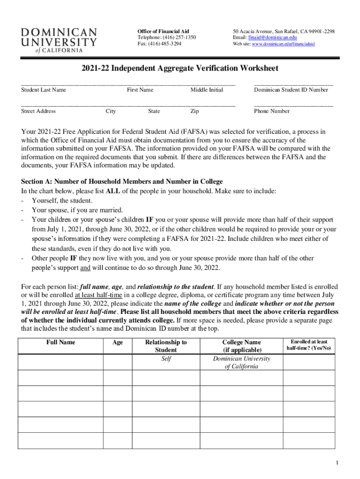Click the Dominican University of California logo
(59, 40)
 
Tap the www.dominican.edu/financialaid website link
(283, 44)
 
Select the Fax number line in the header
(159, 44)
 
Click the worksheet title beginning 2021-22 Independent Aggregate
(180, 68)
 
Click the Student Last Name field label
(44, 90)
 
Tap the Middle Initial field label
(207, 90)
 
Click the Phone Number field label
(272, 111)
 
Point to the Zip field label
(194, 111)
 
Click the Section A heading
(122, 181)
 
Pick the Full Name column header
(61, 342)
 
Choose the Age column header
(118, 342)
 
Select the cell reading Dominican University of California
(241, 363)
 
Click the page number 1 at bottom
(336, 463)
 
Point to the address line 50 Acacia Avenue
(284, 31)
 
